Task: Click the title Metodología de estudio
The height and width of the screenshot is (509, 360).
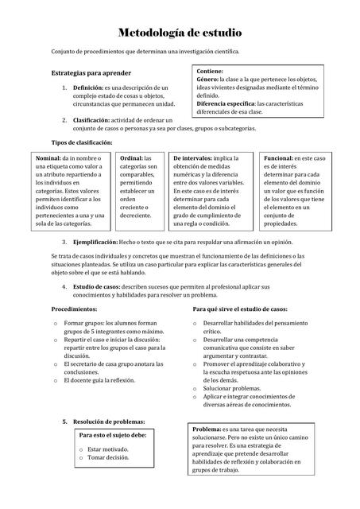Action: (x=180, y=33)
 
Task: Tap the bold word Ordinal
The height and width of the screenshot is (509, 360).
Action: (x=131, y=159)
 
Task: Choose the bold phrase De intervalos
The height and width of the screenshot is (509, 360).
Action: (x=192, y=159)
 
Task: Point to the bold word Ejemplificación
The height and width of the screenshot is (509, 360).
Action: (x=95, y=241)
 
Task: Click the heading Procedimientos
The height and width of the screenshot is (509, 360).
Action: (x=74, y=308)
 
